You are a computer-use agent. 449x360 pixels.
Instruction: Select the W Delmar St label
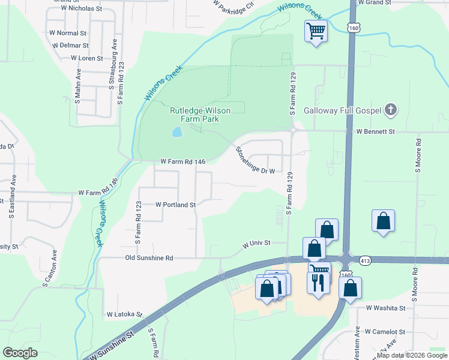pyautogui.click(x=70, y=45)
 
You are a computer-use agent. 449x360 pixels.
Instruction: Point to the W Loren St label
pyautogui.click(x=88, y=58)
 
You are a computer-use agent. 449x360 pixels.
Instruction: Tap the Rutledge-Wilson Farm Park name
pyautogui.click(x=194, y=115)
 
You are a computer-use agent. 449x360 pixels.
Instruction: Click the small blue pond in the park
pyautogui.click(x=176, y=132)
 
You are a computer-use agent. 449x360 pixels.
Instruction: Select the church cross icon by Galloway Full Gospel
pyautogui.click(x=391, y=110)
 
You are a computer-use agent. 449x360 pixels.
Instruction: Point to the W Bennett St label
pyautogui.click(x=376, y=131)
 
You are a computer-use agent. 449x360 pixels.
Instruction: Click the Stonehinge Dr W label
pyautogui.click(x=255, y=160)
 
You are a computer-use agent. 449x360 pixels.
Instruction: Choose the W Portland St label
pyautogui.click(x=176, y=205)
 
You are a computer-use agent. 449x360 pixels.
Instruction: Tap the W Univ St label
pyautogui.click(x=257, y=244)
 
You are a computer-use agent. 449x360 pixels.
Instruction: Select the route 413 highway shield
pyautogui.click(x=365, y=261)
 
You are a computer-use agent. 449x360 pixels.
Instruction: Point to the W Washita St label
pyautogui.click(x=386, y=308)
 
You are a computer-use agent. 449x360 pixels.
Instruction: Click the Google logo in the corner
pyautogui.click(x=20, y=352)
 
